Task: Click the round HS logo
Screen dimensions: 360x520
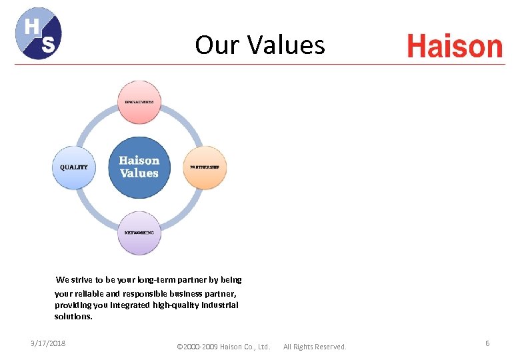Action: click(x=39, y=33)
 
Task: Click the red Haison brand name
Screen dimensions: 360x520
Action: click(x=454, y=47)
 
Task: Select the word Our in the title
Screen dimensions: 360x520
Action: click(x=217, y=45)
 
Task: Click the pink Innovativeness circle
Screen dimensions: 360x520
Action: click(x=139, y=102)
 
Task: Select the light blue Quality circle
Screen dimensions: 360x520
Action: click(x=74, y=167)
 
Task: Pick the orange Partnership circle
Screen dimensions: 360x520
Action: click(x=205, y=167)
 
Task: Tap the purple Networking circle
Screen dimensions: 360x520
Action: click(x=139, y=233)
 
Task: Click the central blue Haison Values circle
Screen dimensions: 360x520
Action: click(x=139, y=167)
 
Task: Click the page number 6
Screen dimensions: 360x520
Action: click(x=487, y=343)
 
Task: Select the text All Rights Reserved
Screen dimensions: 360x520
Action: click(x=315, y=347)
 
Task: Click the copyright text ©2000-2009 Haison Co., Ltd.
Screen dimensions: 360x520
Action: click(x=223, y=347)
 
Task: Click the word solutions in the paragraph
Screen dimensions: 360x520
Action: click(x=73, y=317)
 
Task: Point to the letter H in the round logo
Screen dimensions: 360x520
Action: click(x=31, y=26)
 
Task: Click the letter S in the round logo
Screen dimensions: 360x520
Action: click(x=47, y=45)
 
